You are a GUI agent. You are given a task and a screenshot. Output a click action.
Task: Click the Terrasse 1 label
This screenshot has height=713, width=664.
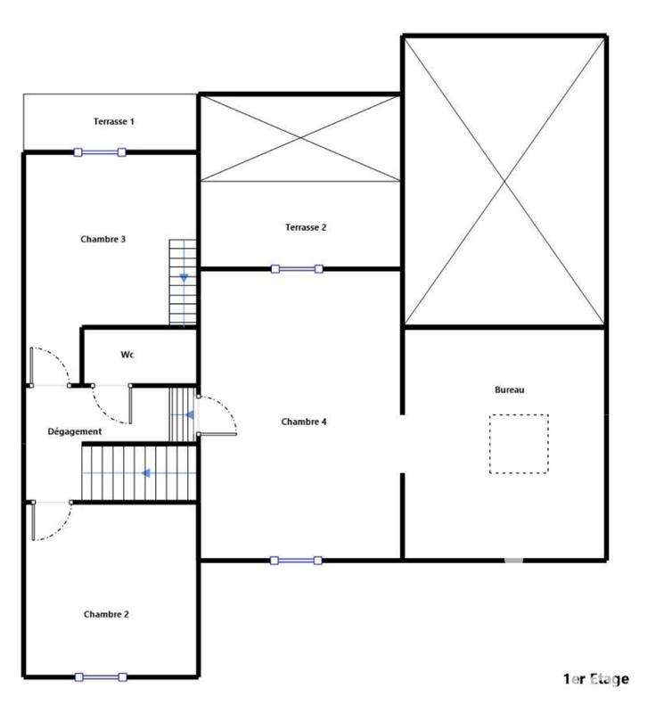point(113,121)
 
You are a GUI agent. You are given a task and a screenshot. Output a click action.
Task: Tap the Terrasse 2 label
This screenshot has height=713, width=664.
point(306,227)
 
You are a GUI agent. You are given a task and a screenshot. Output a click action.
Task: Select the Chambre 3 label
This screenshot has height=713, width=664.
point(102,239)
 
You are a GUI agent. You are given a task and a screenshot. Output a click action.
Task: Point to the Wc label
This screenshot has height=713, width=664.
point(128,355)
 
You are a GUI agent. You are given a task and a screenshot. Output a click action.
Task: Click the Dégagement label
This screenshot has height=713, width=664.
point(74,431)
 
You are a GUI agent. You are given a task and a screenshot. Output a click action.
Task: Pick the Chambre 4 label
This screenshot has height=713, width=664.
point(304,422)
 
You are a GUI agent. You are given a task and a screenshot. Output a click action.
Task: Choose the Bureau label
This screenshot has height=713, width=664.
point(510,390)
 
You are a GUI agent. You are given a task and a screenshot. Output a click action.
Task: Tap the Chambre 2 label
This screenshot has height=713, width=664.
point(106,614)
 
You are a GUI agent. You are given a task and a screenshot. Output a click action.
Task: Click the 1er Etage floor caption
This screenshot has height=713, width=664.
point(595,679)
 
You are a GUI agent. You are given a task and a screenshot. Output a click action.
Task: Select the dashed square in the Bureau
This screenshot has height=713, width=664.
point(519,443)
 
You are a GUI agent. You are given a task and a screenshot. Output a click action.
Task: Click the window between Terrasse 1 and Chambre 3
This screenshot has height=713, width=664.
point(100,152)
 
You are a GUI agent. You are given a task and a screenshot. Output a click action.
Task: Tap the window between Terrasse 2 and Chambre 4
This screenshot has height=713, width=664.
point(297,268)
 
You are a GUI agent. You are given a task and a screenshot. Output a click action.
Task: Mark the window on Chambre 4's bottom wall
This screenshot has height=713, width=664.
point(297,561)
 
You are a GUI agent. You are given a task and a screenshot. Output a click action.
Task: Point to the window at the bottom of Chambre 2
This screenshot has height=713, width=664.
point(100,677)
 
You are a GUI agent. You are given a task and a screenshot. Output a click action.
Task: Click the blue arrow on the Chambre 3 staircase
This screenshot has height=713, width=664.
point(184,278)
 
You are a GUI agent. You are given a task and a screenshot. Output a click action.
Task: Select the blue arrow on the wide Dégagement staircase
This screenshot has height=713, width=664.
point(143,473)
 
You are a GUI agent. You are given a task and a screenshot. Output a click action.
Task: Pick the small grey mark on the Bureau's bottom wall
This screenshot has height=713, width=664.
point(513,561)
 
